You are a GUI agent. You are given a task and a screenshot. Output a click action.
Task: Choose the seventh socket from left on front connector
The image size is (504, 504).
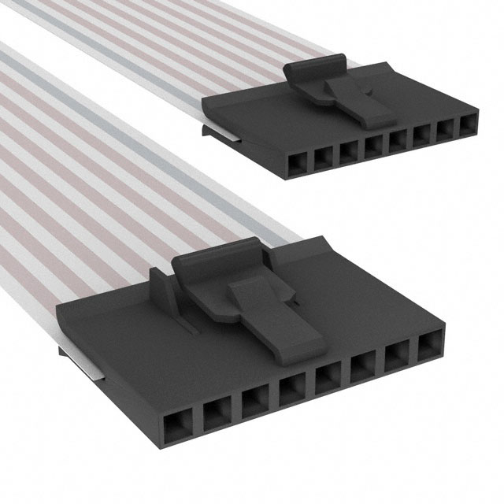click(x=396, y=353)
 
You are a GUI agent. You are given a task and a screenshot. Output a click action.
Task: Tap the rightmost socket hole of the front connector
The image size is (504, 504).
click(x=430, y=343)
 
